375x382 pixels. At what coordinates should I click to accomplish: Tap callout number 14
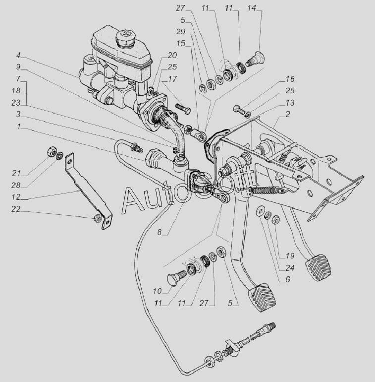coord(252,8)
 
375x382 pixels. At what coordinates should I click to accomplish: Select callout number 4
coord(18,55)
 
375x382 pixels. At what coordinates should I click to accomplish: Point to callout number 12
coord(15,197)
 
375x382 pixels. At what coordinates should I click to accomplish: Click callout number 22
coord(15,209)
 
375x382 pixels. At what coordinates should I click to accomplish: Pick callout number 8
coord(160,232)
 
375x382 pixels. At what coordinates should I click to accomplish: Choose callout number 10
coord(157,291)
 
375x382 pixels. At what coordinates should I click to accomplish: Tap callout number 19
coord(290,256)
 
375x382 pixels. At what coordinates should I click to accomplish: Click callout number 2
coord(288,114)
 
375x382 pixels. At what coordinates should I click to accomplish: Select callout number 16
coord(290,79)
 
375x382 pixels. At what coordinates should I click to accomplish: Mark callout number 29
coord(181,31)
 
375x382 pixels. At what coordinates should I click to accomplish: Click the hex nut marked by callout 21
coord(51,151)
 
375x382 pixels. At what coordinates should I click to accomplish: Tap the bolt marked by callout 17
coord(183,109)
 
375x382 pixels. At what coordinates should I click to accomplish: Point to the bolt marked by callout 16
coord(239,109)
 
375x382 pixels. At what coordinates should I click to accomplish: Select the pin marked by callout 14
coord(255,59)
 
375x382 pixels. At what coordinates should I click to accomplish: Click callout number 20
coord(172,55)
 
